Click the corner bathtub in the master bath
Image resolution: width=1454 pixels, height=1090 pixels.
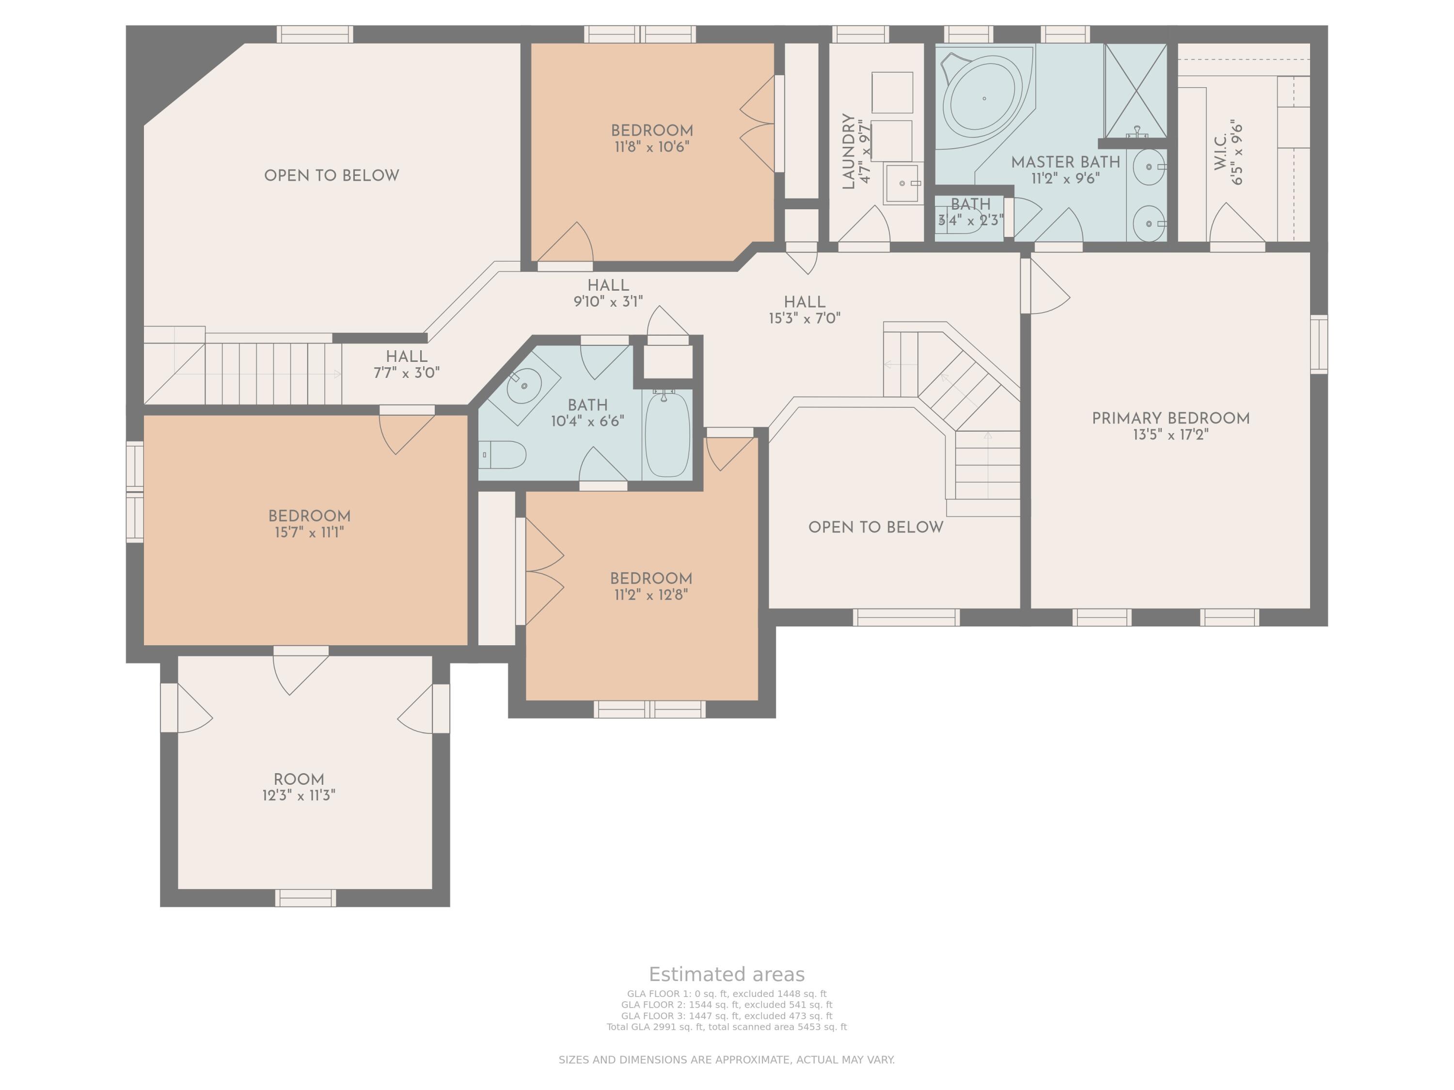pos(984,98)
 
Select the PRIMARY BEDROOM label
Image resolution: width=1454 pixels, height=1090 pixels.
pos(1170,419)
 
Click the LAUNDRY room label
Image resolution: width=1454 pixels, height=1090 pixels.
pos(849,151)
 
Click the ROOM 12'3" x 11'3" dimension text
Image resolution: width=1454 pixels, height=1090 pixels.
pos(299,795)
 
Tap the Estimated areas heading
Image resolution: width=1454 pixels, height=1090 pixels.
pos(727,974)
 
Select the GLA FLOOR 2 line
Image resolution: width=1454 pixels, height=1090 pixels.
pos(727,1005)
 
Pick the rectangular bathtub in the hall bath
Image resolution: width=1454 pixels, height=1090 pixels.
pos(667,434)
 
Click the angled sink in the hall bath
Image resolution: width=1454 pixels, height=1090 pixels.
pos(524,385)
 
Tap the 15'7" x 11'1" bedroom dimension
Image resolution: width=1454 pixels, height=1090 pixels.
pos(309,532)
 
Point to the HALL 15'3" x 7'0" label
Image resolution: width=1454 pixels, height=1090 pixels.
pos(805,310)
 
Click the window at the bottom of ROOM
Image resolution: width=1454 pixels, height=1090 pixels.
pos(306,898)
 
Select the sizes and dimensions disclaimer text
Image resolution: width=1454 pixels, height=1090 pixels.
pos(727,1060)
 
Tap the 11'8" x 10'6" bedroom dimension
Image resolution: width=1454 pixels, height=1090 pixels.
pos(652,147)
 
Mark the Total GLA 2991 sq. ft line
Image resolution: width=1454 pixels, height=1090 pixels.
pos(727,1027)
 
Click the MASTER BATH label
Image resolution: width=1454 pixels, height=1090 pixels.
pos(1065,162)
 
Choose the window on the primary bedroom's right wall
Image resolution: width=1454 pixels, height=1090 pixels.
pos(1319,344)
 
